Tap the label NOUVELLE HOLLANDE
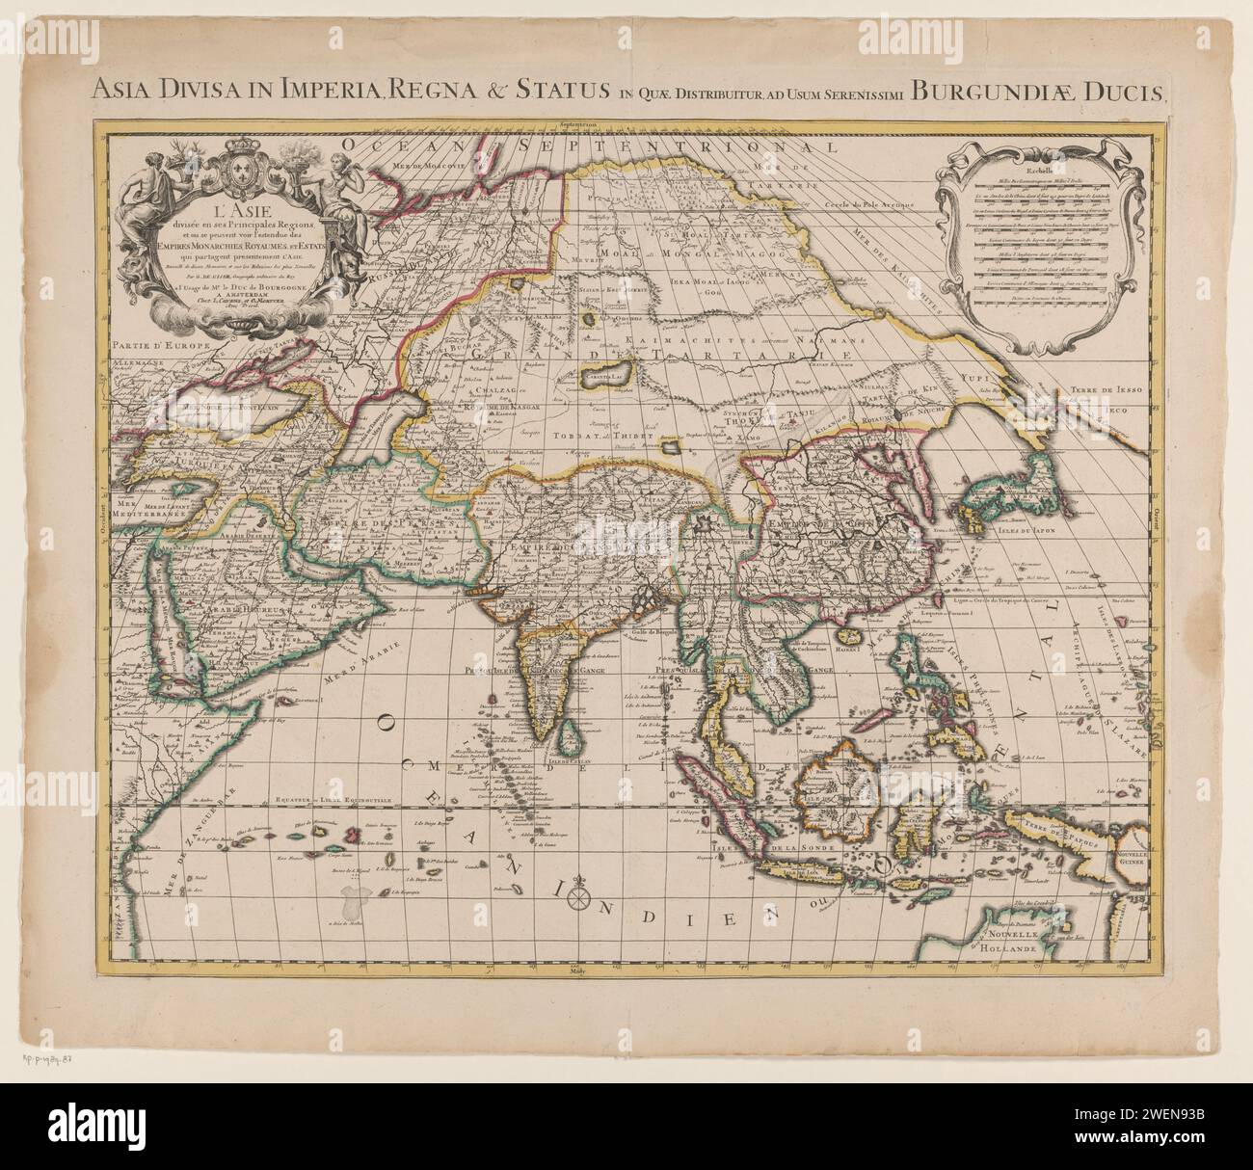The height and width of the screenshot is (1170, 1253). click(1033, 942)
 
